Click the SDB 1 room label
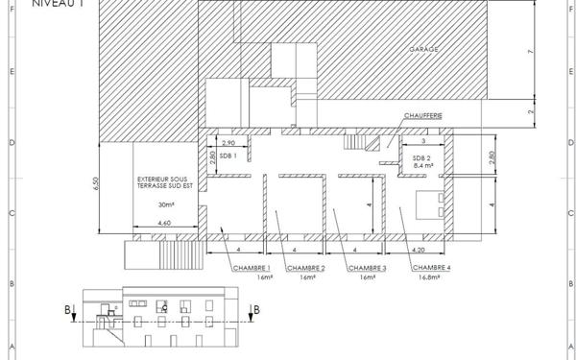click(x=228, y=156)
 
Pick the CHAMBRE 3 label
click(x=367, y=268)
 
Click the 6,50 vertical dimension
click(x=95, y=186)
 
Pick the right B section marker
click(x=252, y=309)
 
